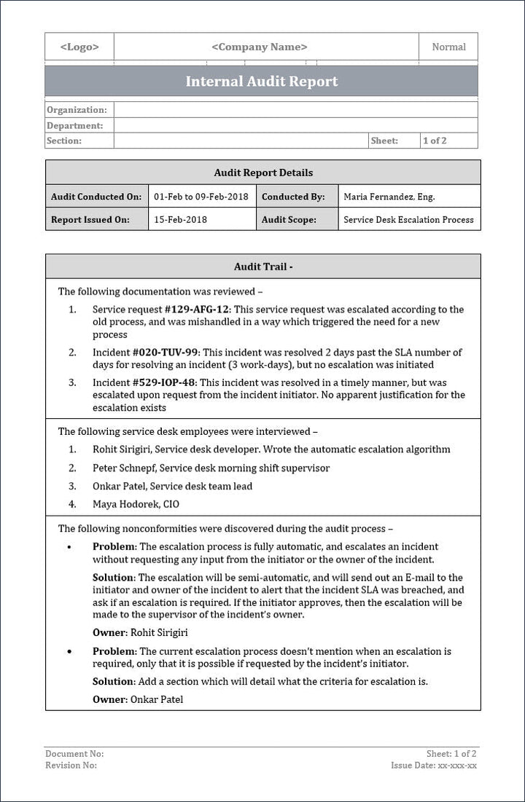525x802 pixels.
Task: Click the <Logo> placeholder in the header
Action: pyautogui.click(x=79, y=47)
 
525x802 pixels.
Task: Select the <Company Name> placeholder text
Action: pyautogui.click(x=260, y=47)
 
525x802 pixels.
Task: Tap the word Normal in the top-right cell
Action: pyautogui.click(x=448, y=47)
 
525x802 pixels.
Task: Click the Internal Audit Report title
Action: pyautogui.click(x=262, y=82)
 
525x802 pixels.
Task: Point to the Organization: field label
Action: pyautogui.click(x=77, y=110)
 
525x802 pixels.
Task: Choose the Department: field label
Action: pyautogui.click(x=75, y=125)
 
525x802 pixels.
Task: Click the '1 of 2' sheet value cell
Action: pyautogui.click(x=435, y=141)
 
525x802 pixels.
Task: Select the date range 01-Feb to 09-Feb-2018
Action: pyautogui.click(x=201, y=197)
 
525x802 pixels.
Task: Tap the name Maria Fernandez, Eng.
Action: pyautogui.click(x=389, y=197)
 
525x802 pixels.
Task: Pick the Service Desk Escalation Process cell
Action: pyautogui.click(x=408, y=219)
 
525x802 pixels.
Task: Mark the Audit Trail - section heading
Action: pyautogui.click(x=263, y=267)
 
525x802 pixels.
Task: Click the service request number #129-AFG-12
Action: pyautogui.click(x=197, y=310)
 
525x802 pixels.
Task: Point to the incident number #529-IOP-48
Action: pyautogui.click(x=165, y=382)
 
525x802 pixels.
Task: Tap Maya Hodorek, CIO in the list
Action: pyautogui.click(x=136, y=504)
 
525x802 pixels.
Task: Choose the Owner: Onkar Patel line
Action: pyautogui.click(x=138, y=699)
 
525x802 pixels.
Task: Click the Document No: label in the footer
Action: pyautogui.click(x=74, y=754)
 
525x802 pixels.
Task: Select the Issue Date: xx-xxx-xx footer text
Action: pyautogui.click(x=434, y=766)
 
